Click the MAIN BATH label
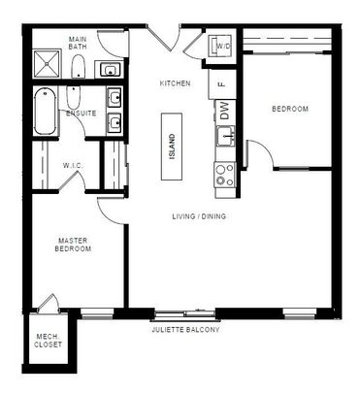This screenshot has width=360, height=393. pyautogui.click(x=79, y=44)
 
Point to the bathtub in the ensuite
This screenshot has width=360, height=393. pyautogui.click(x=45, y=113)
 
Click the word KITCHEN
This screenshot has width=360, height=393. pyautogui.click(x=175, y=83)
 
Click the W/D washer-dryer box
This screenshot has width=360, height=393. pyautogui.click(x=221, y=47)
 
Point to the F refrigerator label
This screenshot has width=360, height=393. pyautogui.click(x=221, y=84)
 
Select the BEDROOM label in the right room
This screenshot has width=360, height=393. pyautogui.click(x=289, y=109)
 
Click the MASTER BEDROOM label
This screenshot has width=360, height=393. pyautogui.click(x=74, y=245)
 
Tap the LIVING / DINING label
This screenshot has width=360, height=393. pyautogui.click(x=198, y=215)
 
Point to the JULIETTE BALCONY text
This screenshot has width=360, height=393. pyautogui.click(x=185, y=331)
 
